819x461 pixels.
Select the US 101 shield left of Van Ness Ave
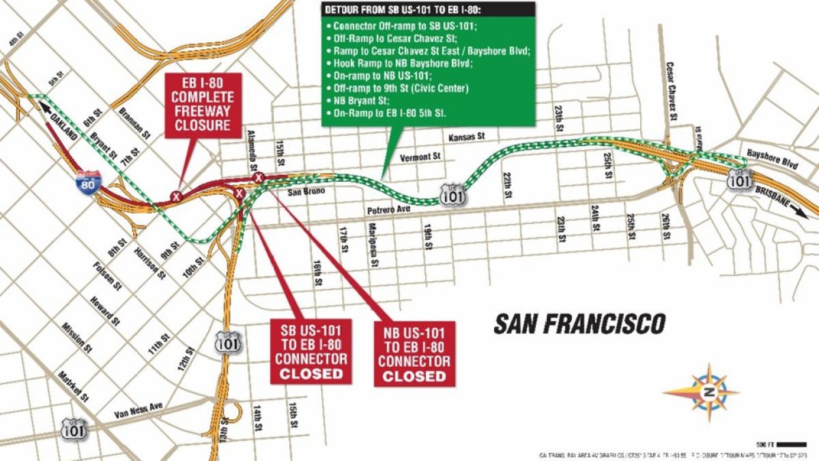pyautogui.click(x=73, y=428)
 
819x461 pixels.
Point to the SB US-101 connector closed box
pyautogui.click(x=311, y=350)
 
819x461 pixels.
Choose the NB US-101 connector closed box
pyautogui.click(x=414, y=354)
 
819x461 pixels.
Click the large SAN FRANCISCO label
pyautogui.click(x=579, y=324)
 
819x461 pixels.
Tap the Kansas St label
pyautogui.click(x=466, y=137)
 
